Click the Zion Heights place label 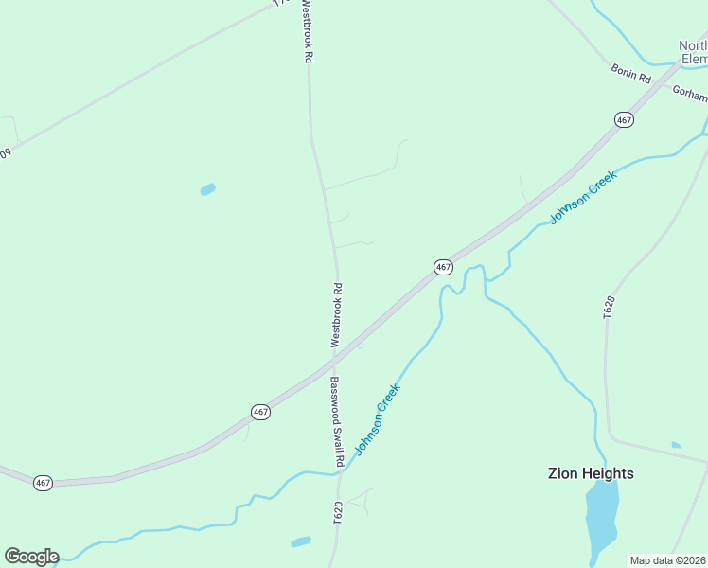[591, 473]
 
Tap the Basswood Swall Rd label [335, 422]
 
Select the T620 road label [338, 513]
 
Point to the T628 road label [610, 307]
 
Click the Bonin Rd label [631, 72]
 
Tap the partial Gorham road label [689, 92]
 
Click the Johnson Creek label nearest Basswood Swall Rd [378, 418]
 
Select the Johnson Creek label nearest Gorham [584, 197]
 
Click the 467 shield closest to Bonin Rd [624, 119]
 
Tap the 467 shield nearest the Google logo [43, 483]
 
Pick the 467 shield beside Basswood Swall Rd [261, 411]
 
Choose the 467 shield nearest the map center [443, 267]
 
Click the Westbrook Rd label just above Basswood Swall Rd [336, 314]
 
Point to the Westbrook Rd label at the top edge [306, 31]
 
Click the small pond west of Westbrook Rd [207, 189]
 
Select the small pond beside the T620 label [301, 542]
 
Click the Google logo [31, 557]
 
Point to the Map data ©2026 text [668, 560]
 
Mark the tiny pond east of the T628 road [675, 445]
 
